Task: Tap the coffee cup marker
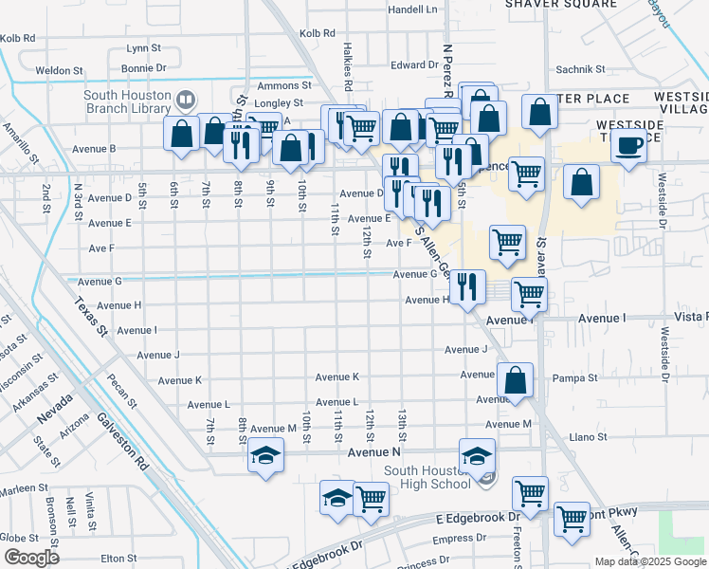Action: pyautogui.click(x=628, y=147)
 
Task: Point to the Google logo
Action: pyautogui.click(x=30, y=558)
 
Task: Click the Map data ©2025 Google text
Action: pyautogui.click(x=650, y=561)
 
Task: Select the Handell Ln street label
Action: pyautogui.click(x=413, y=9)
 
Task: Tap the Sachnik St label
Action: pyautogui.click(x=580, y=69)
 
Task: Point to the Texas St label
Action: pyautogui.click(x=88, y=317)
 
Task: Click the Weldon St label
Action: pyautogui.click(x=53, y=71)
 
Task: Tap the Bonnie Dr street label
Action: pyautogui.click(x=143, y=68)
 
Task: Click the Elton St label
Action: pyautogui.click(x=118, y=559)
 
